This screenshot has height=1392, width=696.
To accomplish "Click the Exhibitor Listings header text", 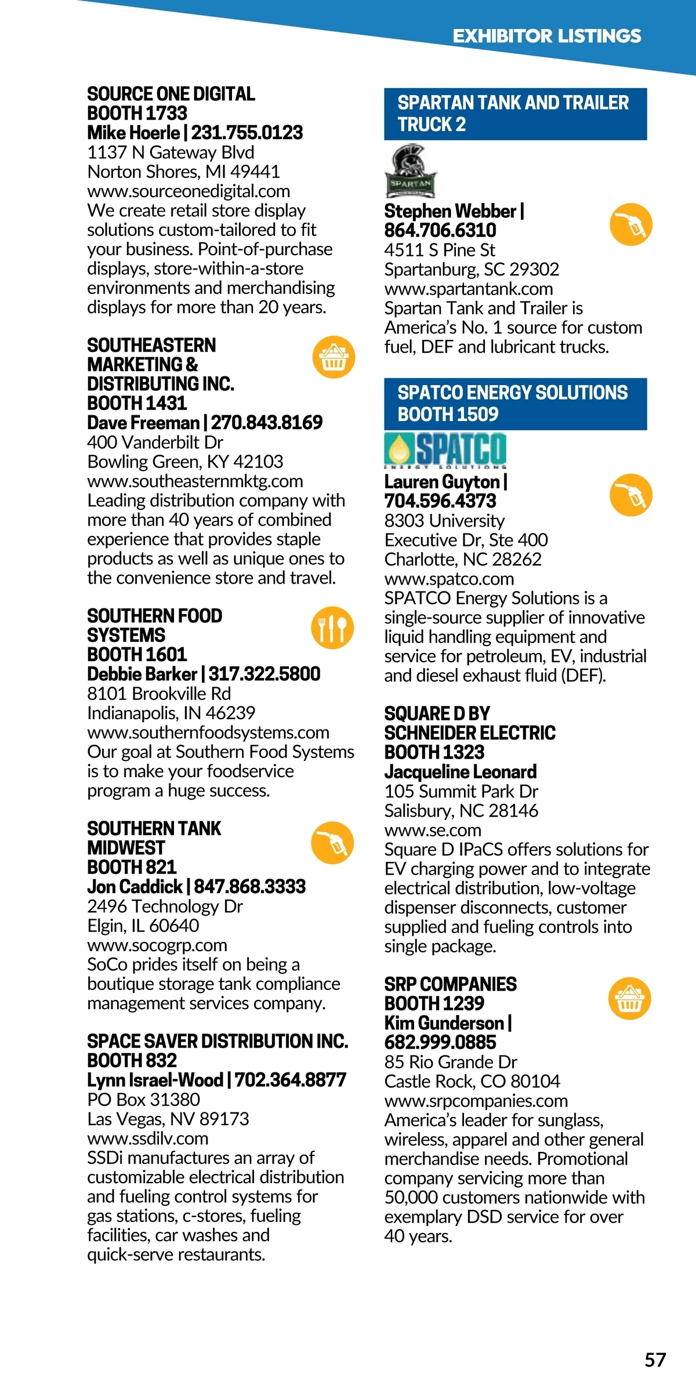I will pyautogui.click(x=546, y=36).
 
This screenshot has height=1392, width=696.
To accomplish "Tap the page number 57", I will pyautogui.click(x=655, y=1360).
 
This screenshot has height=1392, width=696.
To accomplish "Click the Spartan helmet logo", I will pyautogui.click(x=411, y=172).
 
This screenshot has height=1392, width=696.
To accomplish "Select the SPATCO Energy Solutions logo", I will pyautogui.click(x=445, y=450).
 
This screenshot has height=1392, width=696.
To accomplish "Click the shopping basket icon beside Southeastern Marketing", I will pyautogui.click(x=333, y=357).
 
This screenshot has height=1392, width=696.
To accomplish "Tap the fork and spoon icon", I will pyautogui.click(x=332, y=628).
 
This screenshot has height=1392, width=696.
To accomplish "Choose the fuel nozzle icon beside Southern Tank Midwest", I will pyautogui.click(x=332, y=843).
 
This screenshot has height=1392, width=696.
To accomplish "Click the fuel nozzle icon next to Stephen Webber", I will pyautogui.click(x=631, y=224).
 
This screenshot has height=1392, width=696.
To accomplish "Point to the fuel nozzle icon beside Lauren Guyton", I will pyautogui.click(x=631, y=495).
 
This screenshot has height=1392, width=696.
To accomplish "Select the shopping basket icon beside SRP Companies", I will pyautogui.click(x=630, y=998).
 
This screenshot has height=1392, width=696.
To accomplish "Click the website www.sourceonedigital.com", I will pyautogui.click(x=188, y=191).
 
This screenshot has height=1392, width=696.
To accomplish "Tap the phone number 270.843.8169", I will pyautogui.click(x=267, y=423).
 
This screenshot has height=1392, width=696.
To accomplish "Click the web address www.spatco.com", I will pyautogui.click(x=449, y=579).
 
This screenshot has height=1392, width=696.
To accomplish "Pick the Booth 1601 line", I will pyautogui.click(x=137, y=655).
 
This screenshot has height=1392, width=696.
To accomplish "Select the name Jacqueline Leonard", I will pyautogui.click(x=461, y=772).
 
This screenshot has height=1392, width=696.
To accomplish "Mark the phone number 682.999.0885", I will pyautogui.click(x=440, y=1042).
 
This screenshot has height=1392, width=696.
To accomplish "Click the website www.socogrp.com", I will pyautogui.click(x=157, y=945).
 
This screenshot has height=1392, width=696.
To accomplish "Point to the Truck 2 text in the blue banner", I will pyautogui.click(x=432, y=125).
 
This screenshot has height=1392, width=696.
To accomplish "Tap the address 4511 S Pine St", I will pyautogui.click(x=440, y=250).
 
